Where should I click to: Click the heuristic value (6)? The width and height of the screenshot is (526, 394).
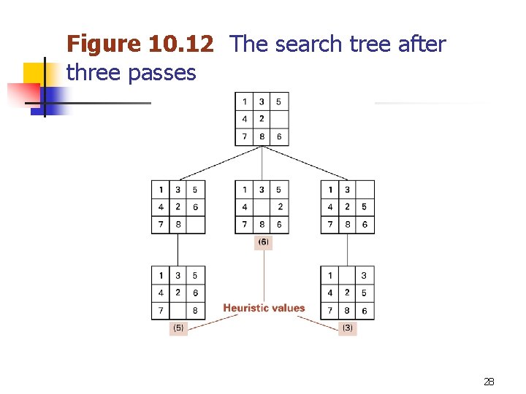pos(263,242)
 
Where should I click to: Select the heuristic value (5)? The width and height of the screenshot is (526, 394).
pos(178,328)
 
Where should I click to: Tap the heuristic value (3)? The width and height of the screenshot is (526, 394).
pos(348,328)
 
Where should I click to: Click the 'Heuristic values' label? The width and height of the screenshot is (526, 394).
pos(264,308)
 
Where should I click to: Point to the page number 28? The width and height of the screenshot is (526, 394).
pos(489,382)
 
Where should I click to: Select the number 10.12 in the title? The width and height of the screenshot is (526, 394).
pos(180,45)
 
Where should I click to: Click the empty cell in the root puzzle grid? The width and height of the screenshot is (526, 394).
pos(279,119)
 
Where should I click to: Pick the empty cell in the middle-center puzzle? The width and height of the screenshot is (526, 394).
pos(262,206)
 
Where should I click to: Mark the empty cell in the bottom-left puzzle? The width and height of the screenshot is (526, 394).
pos(178,310)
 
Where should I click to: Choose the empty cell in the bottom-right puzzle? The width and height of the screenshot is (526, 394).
pos(347,276)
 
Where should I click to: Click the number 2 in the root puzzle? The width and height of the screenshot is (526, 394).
pos(262,119)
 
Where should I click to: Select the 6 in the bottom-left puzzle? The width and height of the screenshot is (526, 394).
pos(195,293)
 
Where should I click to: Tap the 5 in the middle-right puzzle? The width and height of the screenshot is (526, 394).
pos(365,206)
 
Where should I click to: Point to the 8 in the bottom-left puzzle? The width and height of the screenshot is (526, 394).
pos(195,310)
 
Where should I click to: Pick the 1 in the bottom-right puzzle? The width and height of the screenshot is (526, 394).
pos(330,276)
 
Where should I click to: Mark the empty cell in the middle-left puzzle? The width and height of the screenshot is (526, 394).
pos(195,224)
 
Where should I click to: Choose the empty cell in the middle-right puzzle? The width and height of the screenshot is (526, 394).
pos(365,190)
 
